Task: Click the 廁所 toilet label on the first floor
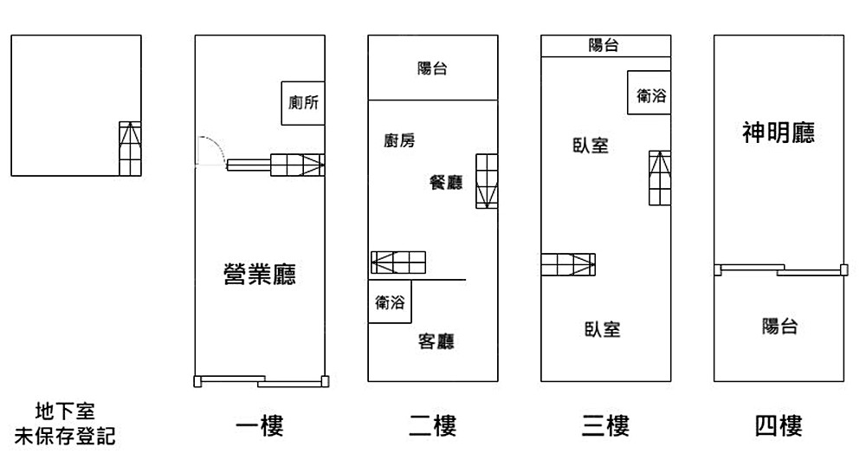click(x=303, y=103)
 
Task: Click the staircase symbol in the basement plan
click(x=129, y=149)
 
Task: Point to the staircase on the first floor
click(x=297, y=164)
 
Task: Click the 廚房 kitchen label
click(x=399, y=140)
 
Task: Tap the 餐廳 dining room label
click(x=446, y=182)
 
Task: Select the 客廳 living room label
click(x=436, y=341)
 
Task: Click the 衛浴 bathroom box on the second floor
click(x=390, y=302)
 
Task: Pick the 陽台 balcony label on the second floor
click(x=432, y=68)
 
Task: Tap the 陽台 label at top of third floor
click(x=604, y=46)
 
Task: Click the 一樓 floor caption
click(x=259, y=425)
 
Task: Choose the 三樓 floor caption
click(x=605, y=425)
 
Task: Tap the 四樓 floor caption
click(x=779, y=425)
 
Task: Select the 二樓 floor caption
click(x=432, y=425)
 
